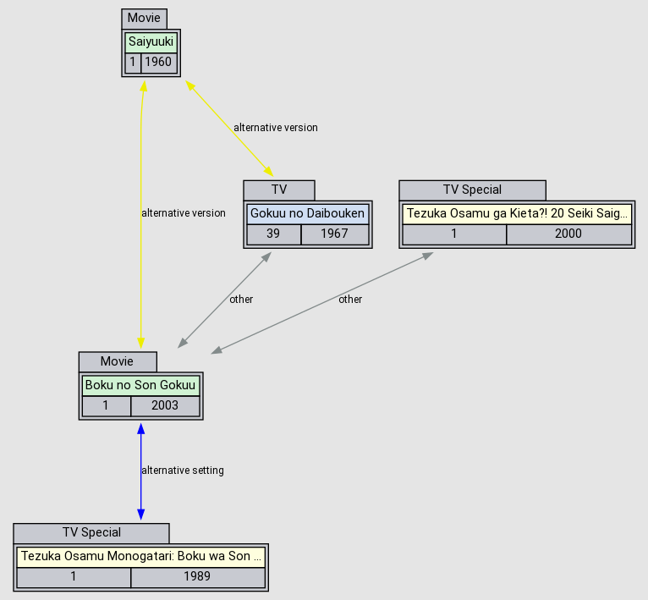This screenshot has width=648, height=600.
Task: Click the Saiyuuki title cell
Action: click(x=151, y=41)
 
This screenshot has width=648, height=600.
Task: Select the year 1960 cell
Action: click(x=158, y=63)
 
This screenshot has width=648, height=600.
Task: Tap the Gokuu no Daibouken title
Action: click(x=308, y=213)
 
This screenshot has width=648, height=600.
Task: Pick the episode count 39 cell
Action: click(x=273, y=234)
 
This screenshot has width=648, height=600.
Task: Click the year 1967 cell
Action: click(x=334, y=234)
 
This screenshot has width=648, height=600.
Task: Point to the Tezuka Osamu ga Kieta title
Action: click(x=517, y=213)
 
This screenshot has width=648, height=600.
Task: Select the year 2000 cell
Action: click(x=568, y=234)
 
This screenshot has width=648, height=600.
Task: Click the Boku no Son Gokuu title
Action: click(x=140, y=385)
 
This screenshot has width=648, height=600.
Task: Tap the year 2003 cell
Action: click(x=165, y=406)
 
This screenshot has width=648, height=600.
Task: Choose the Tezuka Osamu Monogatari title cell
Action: click(x=140, y=557)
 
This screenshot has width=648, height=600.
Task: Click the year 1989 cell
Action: click(x=197, y=578)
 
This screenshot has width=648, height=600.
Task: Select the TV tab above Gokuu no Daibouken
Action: click(x=279, y=190)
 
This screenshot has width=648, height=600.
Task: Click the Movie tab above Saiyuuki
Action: click(x=144, y=18)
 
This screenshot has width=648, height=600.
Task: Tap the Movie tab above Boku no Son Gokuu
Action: click(x=117, y=361)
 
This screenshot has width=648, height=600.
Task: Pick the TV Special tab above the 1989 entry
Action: click(x=91, y=533)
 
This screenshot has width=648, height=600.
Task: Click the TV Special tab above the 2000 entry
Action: click(x=472, y=190)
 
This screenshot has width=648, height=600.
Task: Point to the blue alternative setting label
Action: click(x=183, y=471)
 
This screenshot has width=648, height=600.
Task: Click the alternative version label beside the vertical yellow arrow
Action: click(x=184, y=213)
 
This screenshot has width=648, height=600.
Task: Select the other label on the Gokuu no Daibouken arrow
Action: click(x=241, y=300)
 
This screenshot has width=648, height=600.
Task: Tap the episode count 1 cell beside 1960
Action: click(x=132, y=63)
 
